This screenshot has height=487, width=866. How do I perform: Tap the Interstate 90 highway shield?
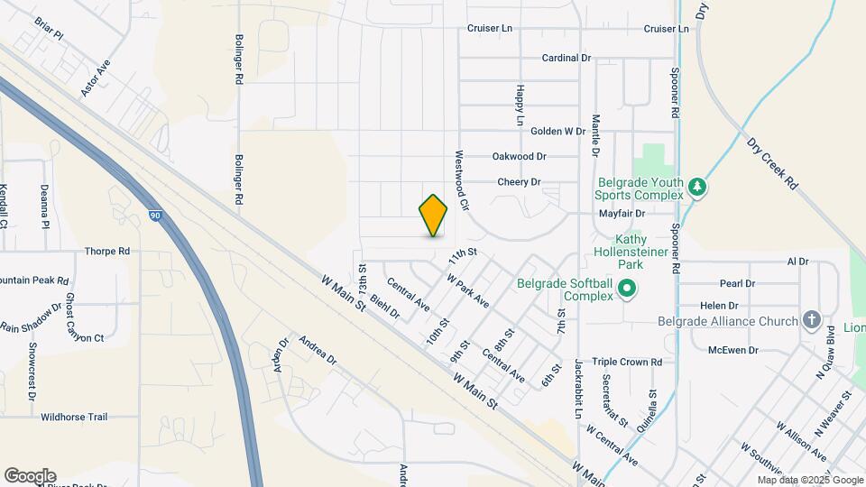[x=156, y=216]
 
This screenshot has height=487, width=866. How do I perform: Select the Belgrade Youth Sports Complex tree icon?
[x=696, y=188]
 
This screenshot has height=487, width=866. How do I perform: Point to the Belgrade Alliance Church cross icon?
[x=811, y=321]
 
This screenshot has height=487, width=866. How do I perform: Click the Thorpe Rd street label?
[x=107, y=252]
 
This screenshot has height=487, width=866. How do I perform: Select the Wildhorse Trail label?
[x=74, y=417]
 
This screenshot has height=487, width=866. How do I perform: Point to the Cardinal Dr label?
[x=566, y=58]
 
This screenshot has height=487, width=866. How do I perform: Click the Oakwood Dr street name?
[x=520, y=156]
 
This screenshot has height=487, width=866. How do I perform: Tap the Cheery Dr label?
[x=520, y=182]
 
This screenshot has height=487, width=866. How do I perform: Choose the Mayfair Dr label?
[x=622, y=214]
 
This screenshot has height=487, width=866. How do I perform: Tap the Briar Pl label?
[x=49, y=28]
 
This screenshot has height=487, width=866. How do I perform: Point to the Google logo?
[x=30, y=476]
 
